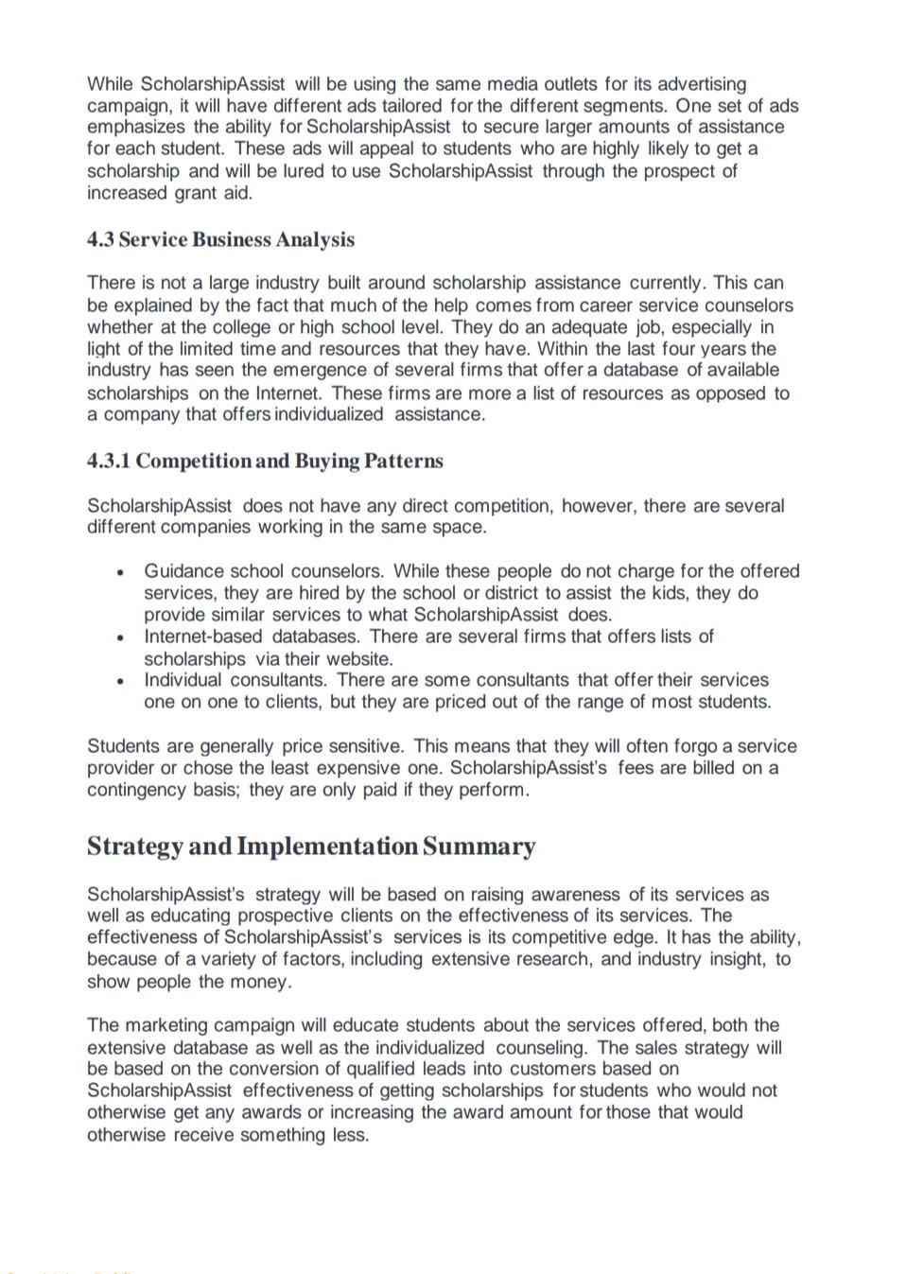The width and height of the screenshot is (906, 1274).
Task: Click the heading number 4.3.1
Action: [109, 462]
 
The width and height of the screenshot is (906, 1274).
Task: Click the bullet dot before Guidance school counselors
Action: [120, 572]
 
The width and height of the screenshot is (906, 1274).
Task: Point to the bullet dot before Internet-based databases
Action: [120, 637]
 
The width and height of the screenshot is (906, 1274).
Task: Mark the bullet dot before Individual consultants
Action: [120, 681]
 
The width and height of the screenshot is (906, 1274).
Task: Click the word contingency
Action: [135, 790]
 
